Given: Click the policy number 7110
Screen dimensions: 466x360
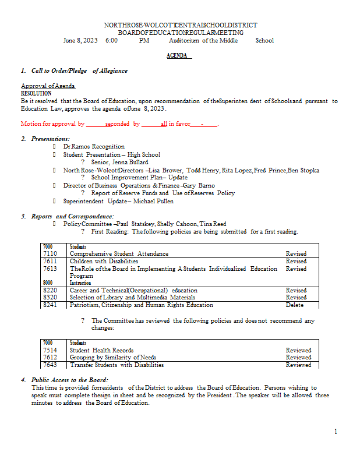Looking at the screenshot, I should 50,253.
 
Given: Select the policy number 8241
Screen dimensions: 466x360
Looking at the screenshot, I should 50,305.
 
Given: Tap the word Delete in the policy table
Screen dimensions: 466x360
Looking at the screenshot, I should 295,305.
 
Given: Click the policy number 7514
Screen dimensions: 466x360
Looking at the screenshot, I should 50,350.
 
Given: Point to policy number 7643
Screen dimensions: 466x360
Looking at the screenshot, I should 50,365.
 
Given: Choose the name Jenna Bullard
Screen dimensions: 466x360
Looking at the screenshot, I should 128,162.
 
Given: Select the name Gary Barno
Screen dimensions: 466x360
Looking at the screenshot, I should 199,185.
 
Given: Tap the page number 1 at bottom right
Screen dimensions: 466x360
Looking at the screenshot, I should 336,431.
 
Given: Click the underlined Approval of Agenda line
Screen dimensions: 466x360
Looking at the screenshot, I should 48,86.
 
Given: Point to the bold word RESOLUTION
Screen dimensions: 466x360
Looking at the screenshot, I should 36,93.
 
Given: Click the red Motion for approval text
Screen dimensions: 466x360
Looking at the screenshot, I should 52,124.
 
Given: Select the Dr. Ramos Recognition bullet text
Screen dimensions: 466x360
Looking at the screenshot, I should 94,146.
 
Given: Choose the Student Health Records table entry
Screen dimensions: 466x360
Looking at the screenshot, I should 101,350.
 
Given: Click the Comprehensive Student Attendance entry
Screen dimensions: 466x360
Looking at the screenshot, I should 119,253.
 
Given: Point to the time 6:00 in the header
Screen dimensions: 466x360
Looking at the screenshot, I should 112,40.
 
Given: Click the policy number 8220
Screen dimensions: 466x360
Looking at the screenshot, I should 50,290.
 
